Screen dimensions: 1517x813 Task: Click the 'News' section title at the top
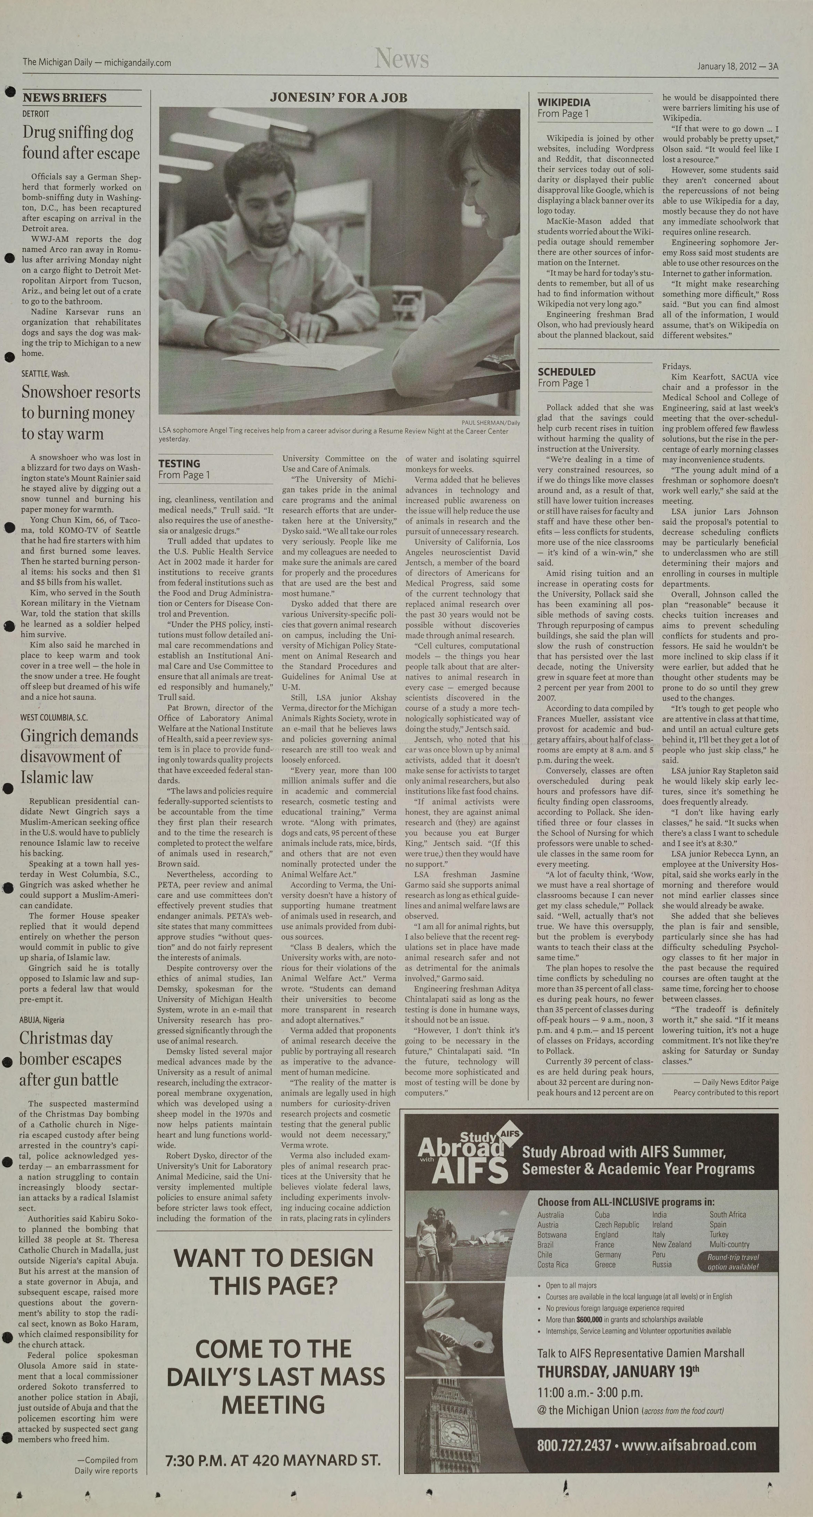[401, 59]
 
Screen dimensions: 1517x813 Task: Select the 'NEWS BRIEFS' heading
[65, 98]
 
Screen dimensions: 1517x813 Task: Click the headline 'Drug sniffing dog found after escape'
[81, 142]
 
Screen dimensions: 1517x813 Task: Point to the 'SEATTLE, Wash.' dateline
[45, 373]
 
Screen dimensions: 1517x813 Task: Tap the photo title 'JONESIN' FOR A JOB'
[339, 98]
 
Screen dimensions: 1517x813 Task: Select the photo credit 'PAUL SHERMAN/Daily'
[491, 422]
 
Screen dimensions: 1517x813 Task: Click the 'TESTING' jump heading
[179, 463]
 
